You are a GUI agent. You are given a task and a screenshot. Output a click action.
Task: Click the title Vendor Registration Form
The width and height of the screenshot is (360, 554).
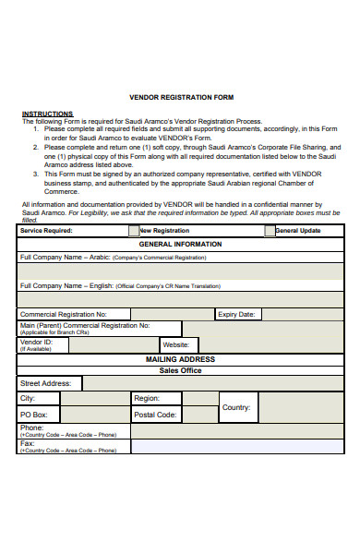coord(181,97)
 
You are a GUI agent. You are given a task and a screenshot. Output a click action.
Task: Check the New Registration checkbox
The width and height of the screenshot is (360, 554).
coord(134,231)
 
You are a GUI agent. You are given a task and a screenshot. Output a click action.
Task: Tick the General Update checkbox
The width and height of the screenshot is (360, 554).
coord(270,231)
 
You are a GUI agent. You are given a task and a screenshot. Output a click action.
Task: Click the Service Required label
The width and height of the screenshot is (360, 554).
coord(46,231)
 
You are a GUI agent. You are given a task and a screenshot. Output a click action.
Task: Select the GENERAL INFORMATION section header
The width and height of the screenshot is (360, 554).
coord(180,244)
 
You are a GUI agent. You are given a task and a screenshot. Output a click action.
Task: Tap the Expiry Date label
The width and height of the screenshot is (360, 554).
coord(235,314)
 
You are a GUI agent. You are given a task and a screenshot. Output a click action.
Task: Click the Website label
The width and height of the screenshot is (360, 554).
coord(175,344)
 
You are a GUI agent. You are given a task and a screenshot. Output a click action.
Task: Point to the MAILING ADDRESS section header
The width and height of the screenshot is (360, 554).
coord(180,358)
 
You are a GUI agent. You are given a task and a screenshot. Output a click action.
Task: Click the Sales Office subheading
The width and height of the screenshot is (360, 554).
coord(180,370)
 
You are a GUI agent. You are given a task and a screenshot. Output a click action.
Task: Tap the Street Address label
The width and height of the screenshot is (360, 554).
coord(46,383)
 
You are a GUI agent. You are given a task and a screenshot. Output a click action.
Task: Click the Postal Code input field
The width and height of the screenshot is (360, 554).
coord(198,415)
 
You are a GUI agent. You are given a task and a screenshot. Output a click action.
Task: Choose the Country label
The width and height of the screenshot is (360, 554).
coord(236,406)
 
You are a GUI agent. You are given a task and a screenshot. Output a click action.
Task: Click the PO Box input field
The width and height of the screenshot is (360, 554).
coord(95,415)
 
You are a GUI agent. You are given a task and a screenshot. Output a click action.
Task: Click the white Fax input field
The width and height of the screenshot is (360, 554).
coord(236,447)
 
